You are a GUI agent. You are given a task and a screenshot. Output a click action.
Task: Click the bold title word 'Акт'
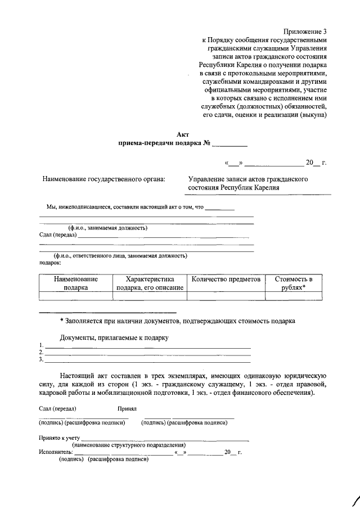(183, 134)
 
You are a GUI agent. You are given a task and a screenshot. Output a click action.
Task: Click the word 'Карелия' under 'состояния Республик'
(265, 188)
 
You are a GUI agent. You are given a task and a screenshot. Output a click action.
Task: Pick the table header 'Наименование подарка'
(75, 283)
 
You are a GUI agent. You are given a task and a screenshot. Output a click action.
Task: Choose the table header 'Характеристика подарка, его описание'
(150, 283)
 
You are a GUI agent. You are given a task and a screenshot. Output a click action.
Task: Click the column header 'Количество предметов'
(226, 279)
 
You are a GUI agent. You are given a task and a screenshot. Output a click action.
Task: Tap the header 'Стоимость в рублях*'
(293, 283)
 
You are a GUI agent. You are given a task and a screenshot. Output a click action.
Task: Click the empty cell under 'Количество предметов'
(226, 296)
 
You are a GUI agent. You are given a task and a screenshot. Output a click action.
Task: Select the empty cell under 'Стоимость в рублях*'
(293, 296)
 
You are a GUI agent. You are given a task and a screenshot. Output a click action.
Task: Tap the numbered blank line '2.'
(146, 353)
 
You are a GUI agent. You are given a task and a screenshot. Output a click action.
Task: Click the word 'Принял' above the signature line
(127, 408)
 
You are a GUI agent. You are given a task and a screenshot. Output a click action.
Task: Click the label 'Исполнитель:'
(56, 452)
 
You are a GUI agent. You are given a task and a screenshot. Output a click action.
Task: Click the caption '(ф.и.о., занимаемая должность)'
(107, 228)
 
